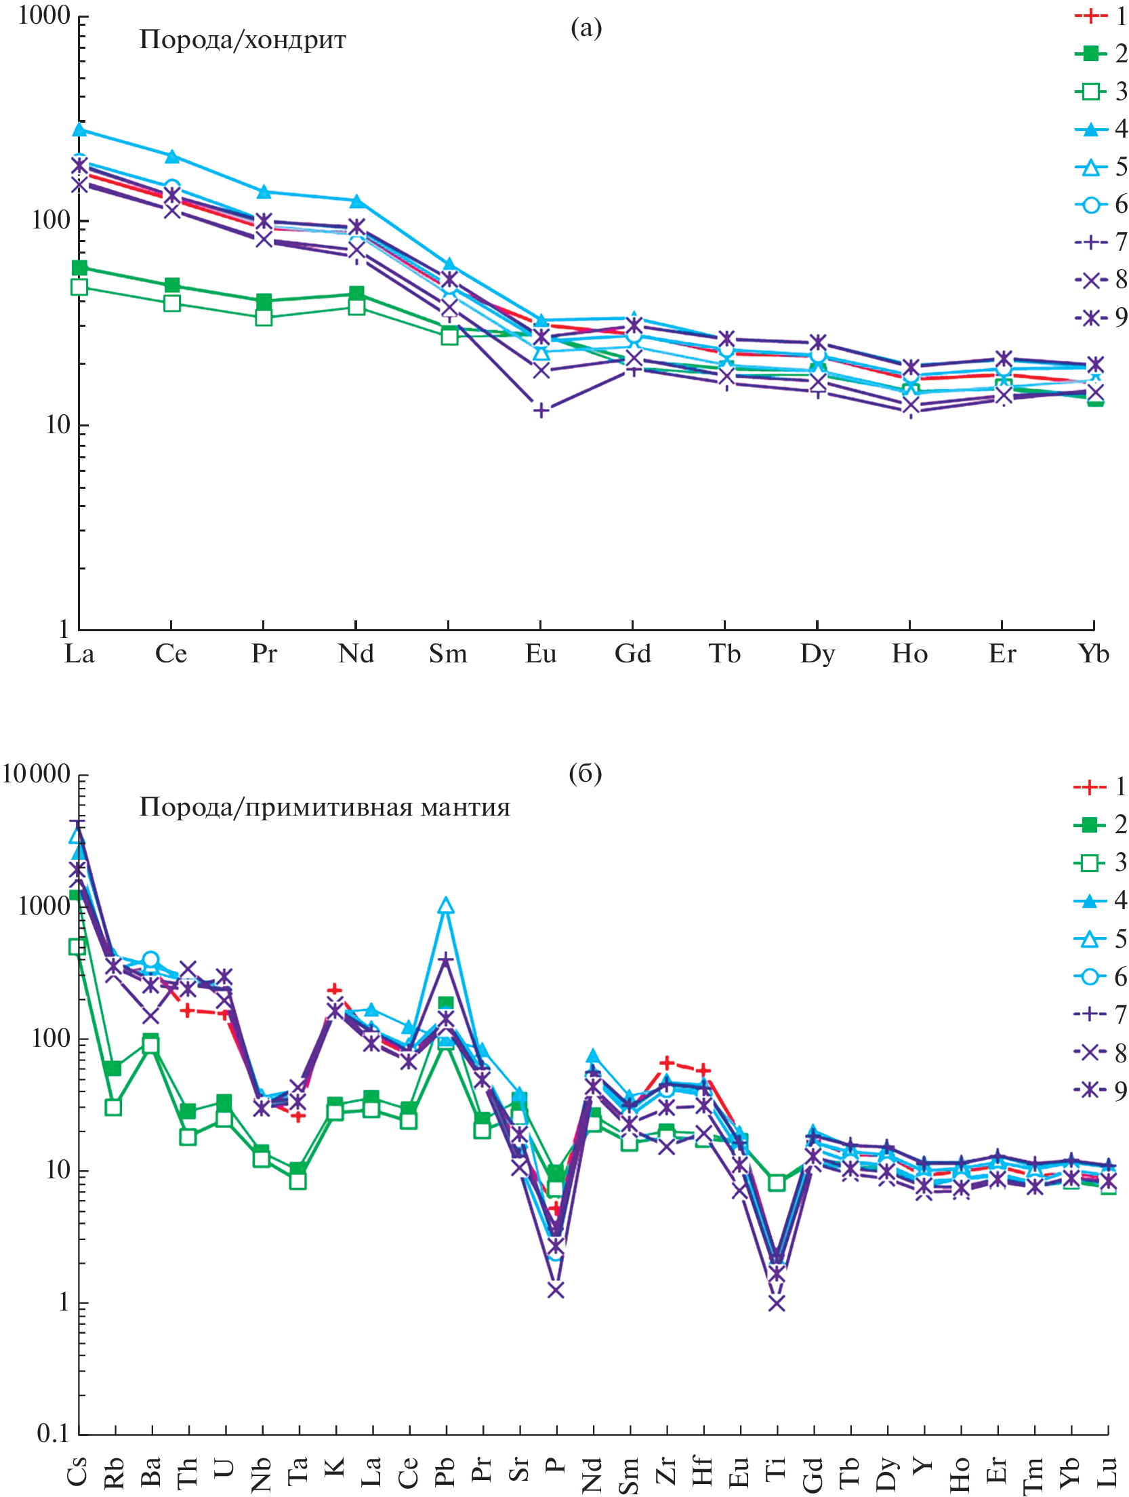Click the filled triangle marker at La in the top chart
pyautogui.click(x=79, y=129)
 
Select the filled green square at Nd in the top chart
pyautogui.click(x=356, y=294)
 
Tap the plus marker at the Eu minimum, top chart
pyautogui.click(x=541, y=410)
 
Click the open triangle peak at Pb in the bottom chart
pyautogui.click(x=445, y=906)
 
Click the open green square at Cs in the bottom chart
pyautogui.click(x=77, y=947)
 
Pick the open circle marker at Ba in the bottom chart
pyautogui.click(x=150, y=959)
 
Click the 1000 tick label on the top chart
pyautogui.click(x=44, y=15)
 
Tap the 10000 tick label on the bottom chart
pyautogui.click(x=37, y=774)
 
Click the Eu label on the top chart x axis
pyautogui.click(x=541, y=654)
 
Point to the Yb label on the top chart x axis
pyautogui.click(x=1094, y=654)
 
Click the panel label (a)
pyautogui.click(x=586, y=28)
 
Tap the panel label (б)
pyautogui.click(x=585, y=774)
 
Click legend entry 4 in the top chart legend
pyautogui.click(x=1101, y=129)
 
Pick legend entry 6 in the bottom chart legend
pyautogui.click(x=1101, y=977)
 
